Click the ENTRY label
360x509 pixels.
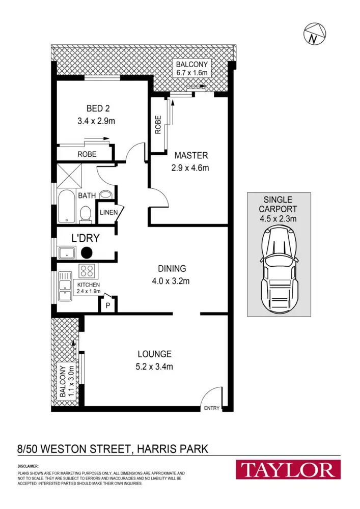coord(212,408)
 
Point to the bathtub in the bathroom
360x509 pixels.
coord(66,206)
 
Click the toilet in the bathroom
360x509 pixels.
coord(86,214)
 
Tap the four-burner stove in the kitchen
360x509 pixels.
coord(86,271)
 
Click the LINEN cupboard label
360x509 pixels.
coord(107,212)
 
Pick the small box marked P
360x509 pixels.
coord(108,305)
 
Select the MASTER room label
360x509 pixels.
coord(191,155)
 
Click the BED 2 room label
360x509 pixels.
coord(98,108)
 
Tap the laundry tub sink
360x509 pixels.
coord(67,253)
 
